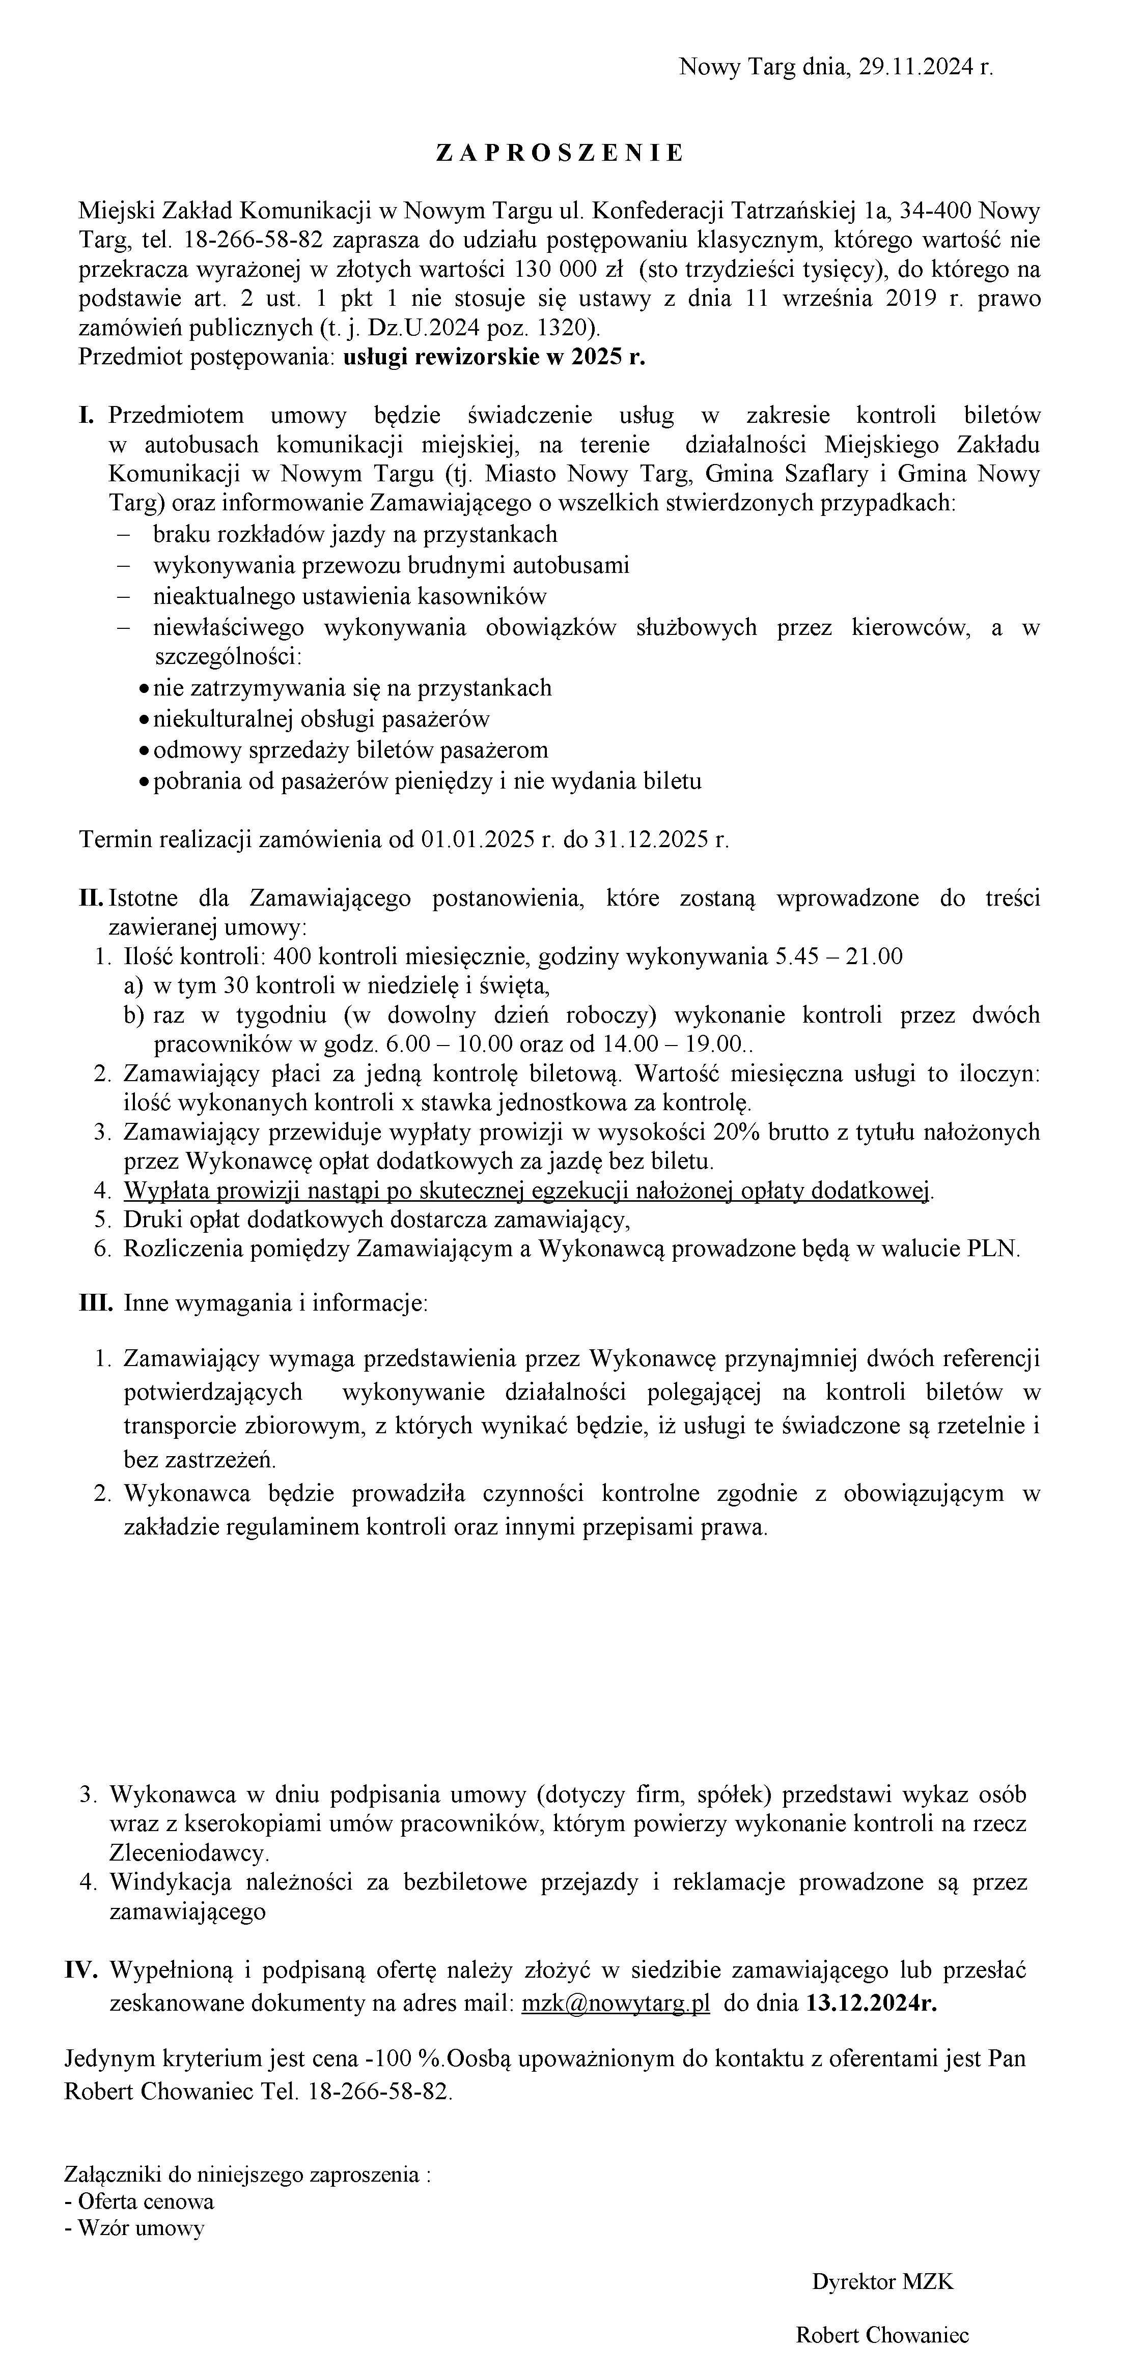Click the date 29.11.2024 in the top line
click(914, 67)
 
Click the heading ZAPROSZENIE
click(560, 153)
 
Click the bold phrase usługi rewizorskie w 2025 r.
click(494, 358)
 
